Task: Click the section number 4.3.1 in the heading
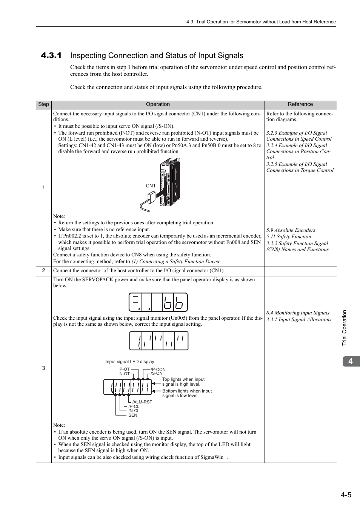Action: click(x=51, y=56)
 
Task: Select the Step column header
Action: click(x=43, y=104)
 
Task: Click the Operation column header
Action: click(x=158, y=104)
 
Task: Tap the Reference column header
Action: click(x=300, y=104)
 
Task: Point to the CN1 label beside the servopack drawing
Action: click(x=151, y=186)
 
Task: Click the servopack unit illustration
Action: click(x=169, y=182)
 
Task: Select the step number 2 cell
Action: click(x=43, y=270)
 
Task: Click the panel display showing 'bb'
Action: click(x=158, y=302)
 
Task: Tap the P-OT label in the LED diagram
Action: click(x=125, y=369)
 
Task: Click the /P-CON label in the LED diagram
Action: click(x=158, y=369)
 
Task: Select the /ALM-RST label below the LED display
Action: click(x=142, y=402)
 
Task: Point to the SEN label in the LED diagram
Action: click(x=133, y=415)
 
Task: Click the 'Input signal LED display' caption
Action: click(x=130, y=362)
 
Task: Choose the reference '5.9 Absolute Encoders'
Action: click(x=291, y=230)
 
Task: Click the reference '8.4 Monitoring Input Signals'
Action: click(x=298, y=313)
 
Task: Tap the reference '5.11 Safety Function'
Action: click(x=289, y=237)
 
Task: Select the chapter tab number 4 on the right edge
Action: click(x=351, y=361)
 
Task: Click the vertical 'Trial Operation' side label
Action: click(x=344, y=328)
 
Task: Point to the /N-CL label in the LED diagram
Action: click(x=134, y=411)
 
